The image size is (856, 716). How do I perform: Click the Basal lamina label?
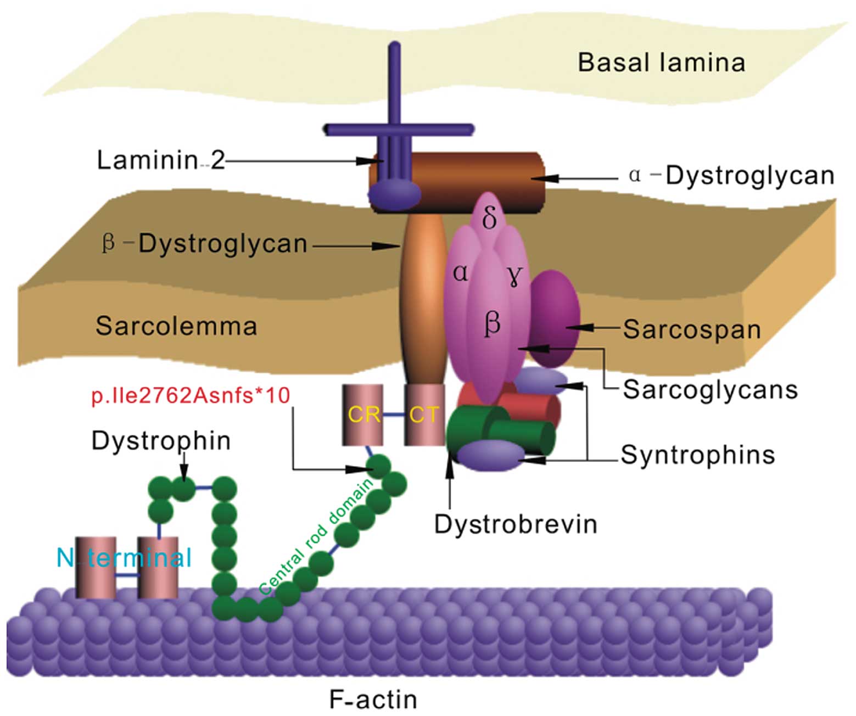661,63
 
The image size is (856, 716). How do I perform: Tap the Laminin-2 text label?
161,160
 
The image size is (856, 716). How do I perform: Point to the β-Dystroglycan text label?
205,244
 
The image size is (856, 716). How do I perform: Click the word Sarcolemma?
176,326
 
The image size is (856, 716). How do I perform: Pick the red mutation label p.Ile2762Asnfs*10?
191,395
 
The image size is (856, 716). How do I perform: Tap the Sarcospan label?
692,329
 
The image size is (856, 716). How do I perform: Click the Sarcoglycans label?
710,390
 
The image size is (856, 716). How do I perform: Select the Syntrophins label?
698,455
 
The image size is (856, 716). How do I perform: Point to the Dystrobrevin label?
516,524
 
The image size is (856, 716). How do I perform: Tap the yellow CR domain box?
363,415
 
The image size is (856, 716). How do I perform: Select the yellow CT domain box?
424,415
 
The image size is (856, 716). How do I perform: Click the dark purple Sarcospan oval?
555,318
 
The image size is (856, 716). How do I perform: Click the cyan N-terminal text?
125,558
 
